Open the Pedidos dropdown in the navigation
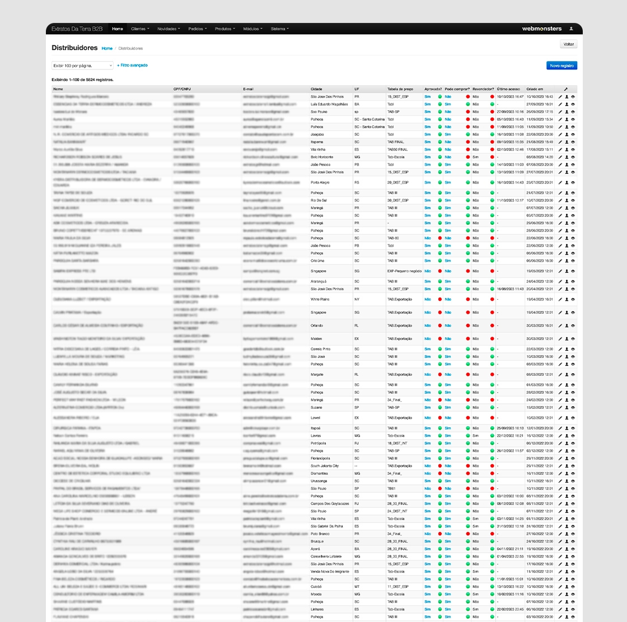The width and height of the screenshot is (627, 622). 197,29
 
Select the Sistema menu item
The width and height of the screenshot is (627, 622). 279,29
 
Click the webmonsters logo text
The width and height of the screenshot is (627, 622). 541,29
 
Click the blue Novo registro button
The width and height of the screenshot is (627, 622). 562,65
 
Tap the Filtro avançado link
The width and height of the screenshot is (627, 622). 133,65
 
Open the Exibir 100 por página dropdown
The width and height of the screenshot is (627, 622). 82,65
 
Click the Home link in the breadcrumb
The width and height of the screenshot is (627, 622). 107,49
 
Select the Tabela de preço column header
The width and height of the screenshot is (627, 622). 400,89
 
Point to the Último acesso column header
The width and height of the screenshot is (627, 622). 508,89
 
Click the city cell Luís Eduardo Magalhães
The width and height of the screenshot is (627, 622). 329,104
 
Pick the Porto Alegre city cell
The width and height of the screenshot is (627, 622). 320,182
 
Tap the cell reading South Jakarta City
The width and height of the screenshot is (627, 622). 325,466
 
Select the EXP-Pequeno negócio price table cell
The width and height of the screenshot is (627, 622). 405,271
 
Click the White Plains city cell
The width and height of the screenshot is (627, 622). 320,299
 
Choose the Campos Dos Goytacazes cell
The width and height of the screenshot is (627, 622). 330,503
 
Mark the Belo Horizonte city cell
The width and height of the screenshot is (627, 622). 322,157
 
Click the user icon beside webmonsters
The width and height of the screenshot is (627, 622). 571,29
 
